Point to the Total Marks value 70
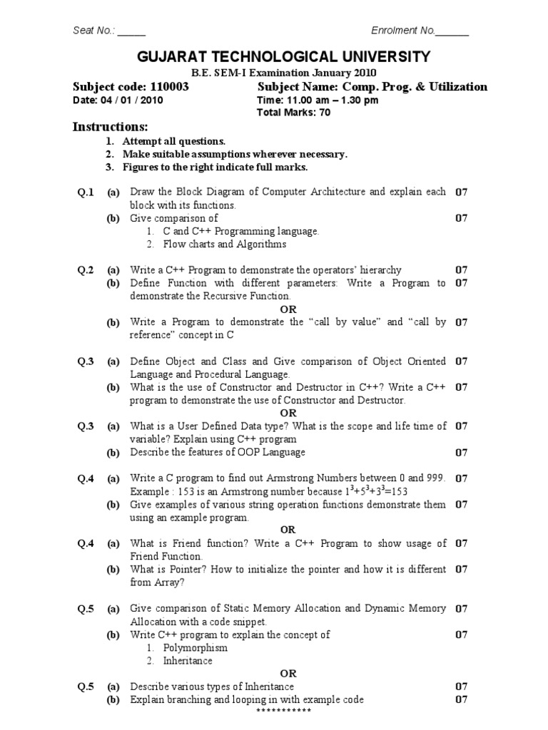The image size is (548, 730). click(x=325, y=113)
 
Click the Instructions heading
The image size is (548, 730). click(x=111, y=127)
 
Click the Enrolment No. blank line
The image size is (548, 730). click(x=452, y=31)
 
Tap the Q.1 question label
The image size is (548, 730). click(x=86, y=192)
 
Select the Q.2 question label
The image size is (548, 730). click(x=86, y=270)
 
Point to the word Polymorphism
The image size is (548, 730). click(x=196, y=648)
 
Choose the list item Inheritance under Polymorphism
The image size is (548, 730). click(x=188, y=661)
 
